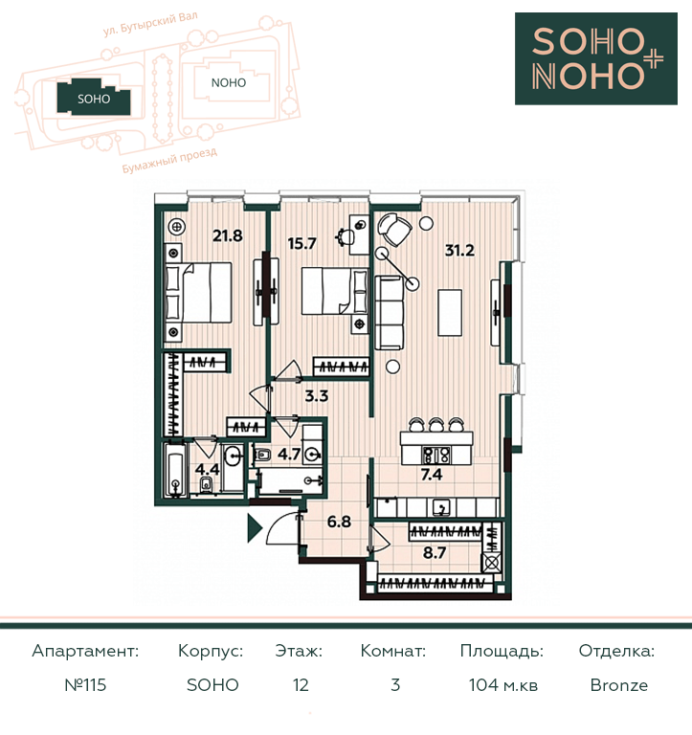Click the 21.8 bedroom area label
[228, 235]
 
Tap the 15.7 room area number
[301, 244]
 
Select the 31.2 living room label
[459, 251]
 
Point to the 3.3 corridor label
[317, 396]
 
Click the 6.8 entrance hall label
[339, 522]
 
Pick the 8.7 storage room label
[435, 552]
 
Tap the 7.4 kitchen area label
[432, 475]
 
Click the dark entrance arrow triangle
[255, 528]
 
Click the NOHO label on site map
[229, 83]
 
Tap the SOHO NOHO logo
[596, 58]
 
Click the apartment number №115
[85, 685]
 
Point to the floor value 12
[301, 685]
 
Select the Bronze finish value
[619, 685]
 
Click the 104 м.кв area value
[503, 685]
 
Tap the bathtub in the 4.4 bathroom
[176, 470]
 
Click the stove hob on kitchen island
[436, 455]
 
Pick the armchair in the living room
[394, 230]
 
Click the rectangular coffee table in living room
[450, 313]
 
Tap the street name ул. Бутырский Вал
[150, 24]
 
